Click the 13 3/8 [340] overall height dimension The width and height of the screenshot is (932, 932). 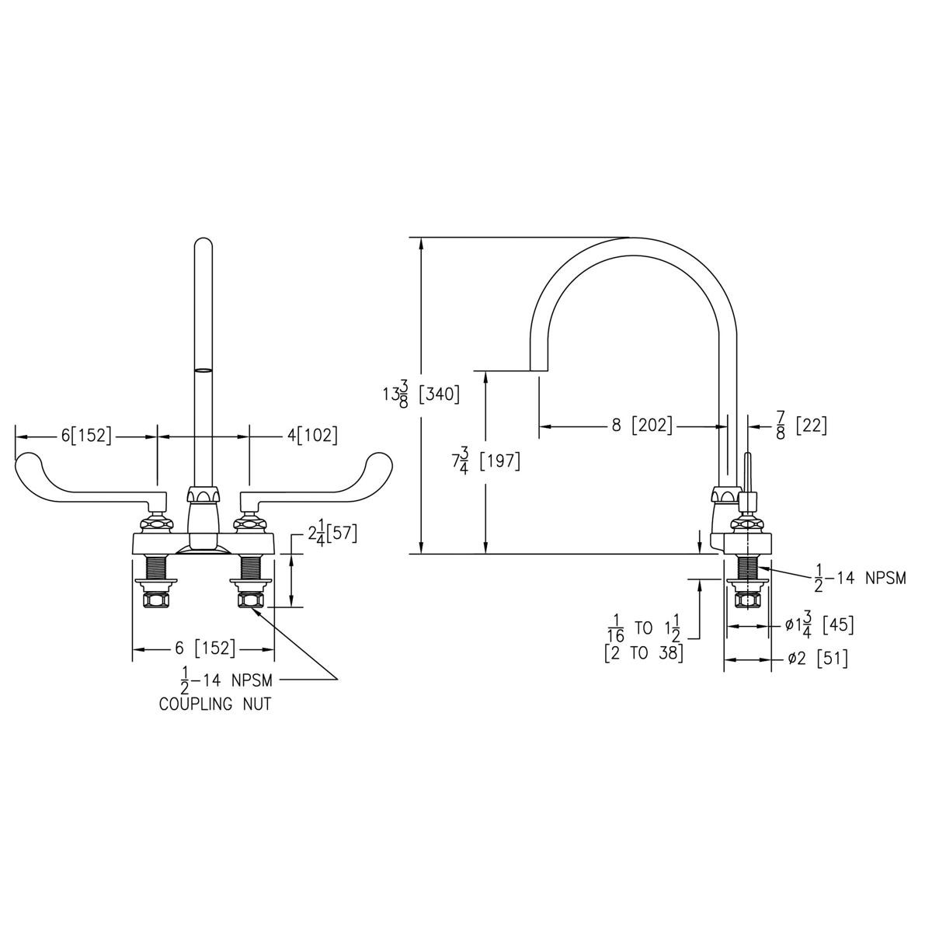click(x=420, y=394)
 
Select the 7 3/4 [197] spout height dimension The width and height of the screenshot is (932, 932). click(x=485, y=461)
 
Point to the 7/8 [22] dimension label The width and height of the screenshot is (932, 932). click(x=800, y=426)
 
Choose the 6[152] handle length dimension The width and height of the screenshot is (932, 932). click(x=86, y=436)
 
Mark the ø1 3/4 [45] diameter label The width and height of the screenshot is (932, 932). click(x=815, y=625)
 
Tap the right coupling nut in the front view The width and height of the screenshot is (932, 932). click(x=250, y=600)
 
